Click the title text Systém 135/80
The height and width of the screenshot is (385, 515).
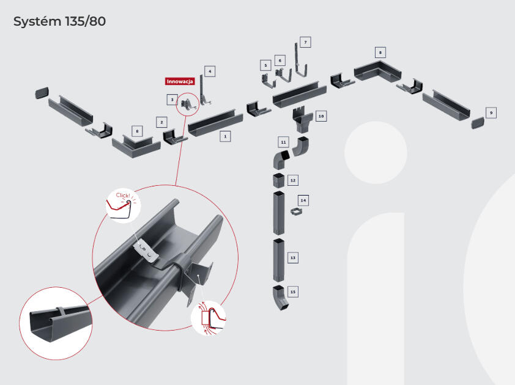coord(60,21)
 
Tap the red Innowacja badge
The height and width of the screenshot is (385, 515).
coord(180,81)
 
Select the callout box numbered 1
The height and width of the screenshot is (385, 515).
coord(226,137)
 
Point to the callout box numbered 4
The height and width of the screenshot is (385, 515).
coord(209,71)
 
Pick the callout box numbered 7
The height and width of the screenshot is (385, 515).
coord(305,42)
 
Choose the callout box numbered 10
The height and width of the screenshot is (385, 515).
coord(321,116)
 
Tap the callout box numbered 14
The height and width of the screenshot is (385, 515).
coord(303,200)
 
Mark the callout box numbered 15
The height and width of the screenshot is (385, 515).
coord(293,292)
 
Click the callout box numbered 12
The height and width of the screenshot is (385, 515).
coord(293,180)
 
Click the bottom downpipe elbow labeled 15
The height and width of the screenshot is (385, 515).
coord(278,299)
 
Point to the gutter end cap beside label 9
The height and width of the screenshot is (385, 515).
coord(477,123)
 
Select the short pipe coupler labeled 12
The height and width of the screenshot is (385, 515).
coord(278,181)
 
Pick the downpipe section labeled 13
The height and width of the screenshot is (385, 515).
coord(278,260)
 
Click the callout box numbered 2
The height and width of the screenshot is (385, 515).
coord(161,122)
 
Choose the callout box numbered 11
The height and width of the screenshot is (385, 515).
coord(283,142)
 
